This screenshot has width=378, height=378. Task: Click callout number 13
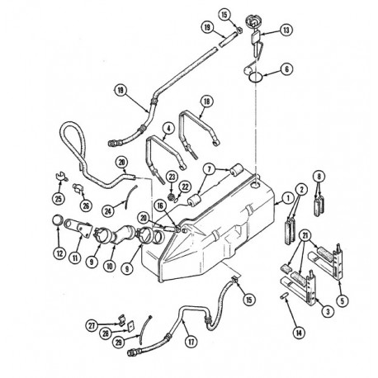pos(286,30)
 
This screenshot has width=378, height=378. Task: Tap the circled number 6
pos(287,69)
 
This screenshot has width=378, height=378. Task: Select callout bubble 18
pos(207,102)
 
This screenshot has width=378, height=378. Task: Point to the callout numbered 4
pos(168,128)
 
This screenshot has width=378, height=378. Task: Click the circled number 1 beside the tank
pos(288,198)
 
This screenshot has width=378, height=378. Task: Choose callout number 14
pos(299,333)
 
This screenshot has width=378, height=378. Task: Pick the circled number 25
pos(59,199)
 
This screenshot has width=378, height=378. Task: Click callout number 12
pos(59,253)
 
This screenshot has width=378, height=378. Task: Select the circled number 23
pos(172,177)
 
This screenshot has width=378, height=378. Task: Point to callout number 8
pos(319,177)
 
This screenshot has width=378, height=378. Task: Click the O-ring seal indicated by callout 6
pos(256,77)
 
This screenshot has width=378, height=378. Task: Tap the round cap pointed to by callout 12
pos(58,220)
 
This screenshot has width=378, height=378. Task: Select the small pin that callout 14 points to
pos(283,296)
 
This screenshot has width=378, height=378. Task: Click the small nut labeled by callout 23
pos(171,196)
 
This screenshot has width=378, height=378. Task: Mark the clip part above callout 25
pos(61,176)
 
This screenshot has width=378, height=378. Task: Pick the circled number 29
pos(119,343)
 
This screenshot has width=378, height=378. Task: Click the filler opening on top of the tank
pos(255,186)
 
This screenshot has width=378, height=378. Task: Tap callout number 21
pos(305,236)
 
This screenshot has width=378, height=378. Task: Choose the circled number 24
pos(108,211)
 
